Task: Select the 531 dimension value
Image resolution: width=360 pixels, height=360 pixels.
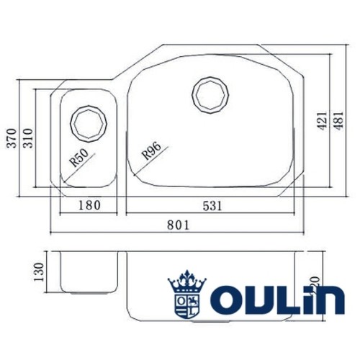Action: [x=211, y=205]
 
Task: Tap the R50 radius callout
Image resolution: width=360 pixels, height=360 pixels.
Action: [x=79, y=158]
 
